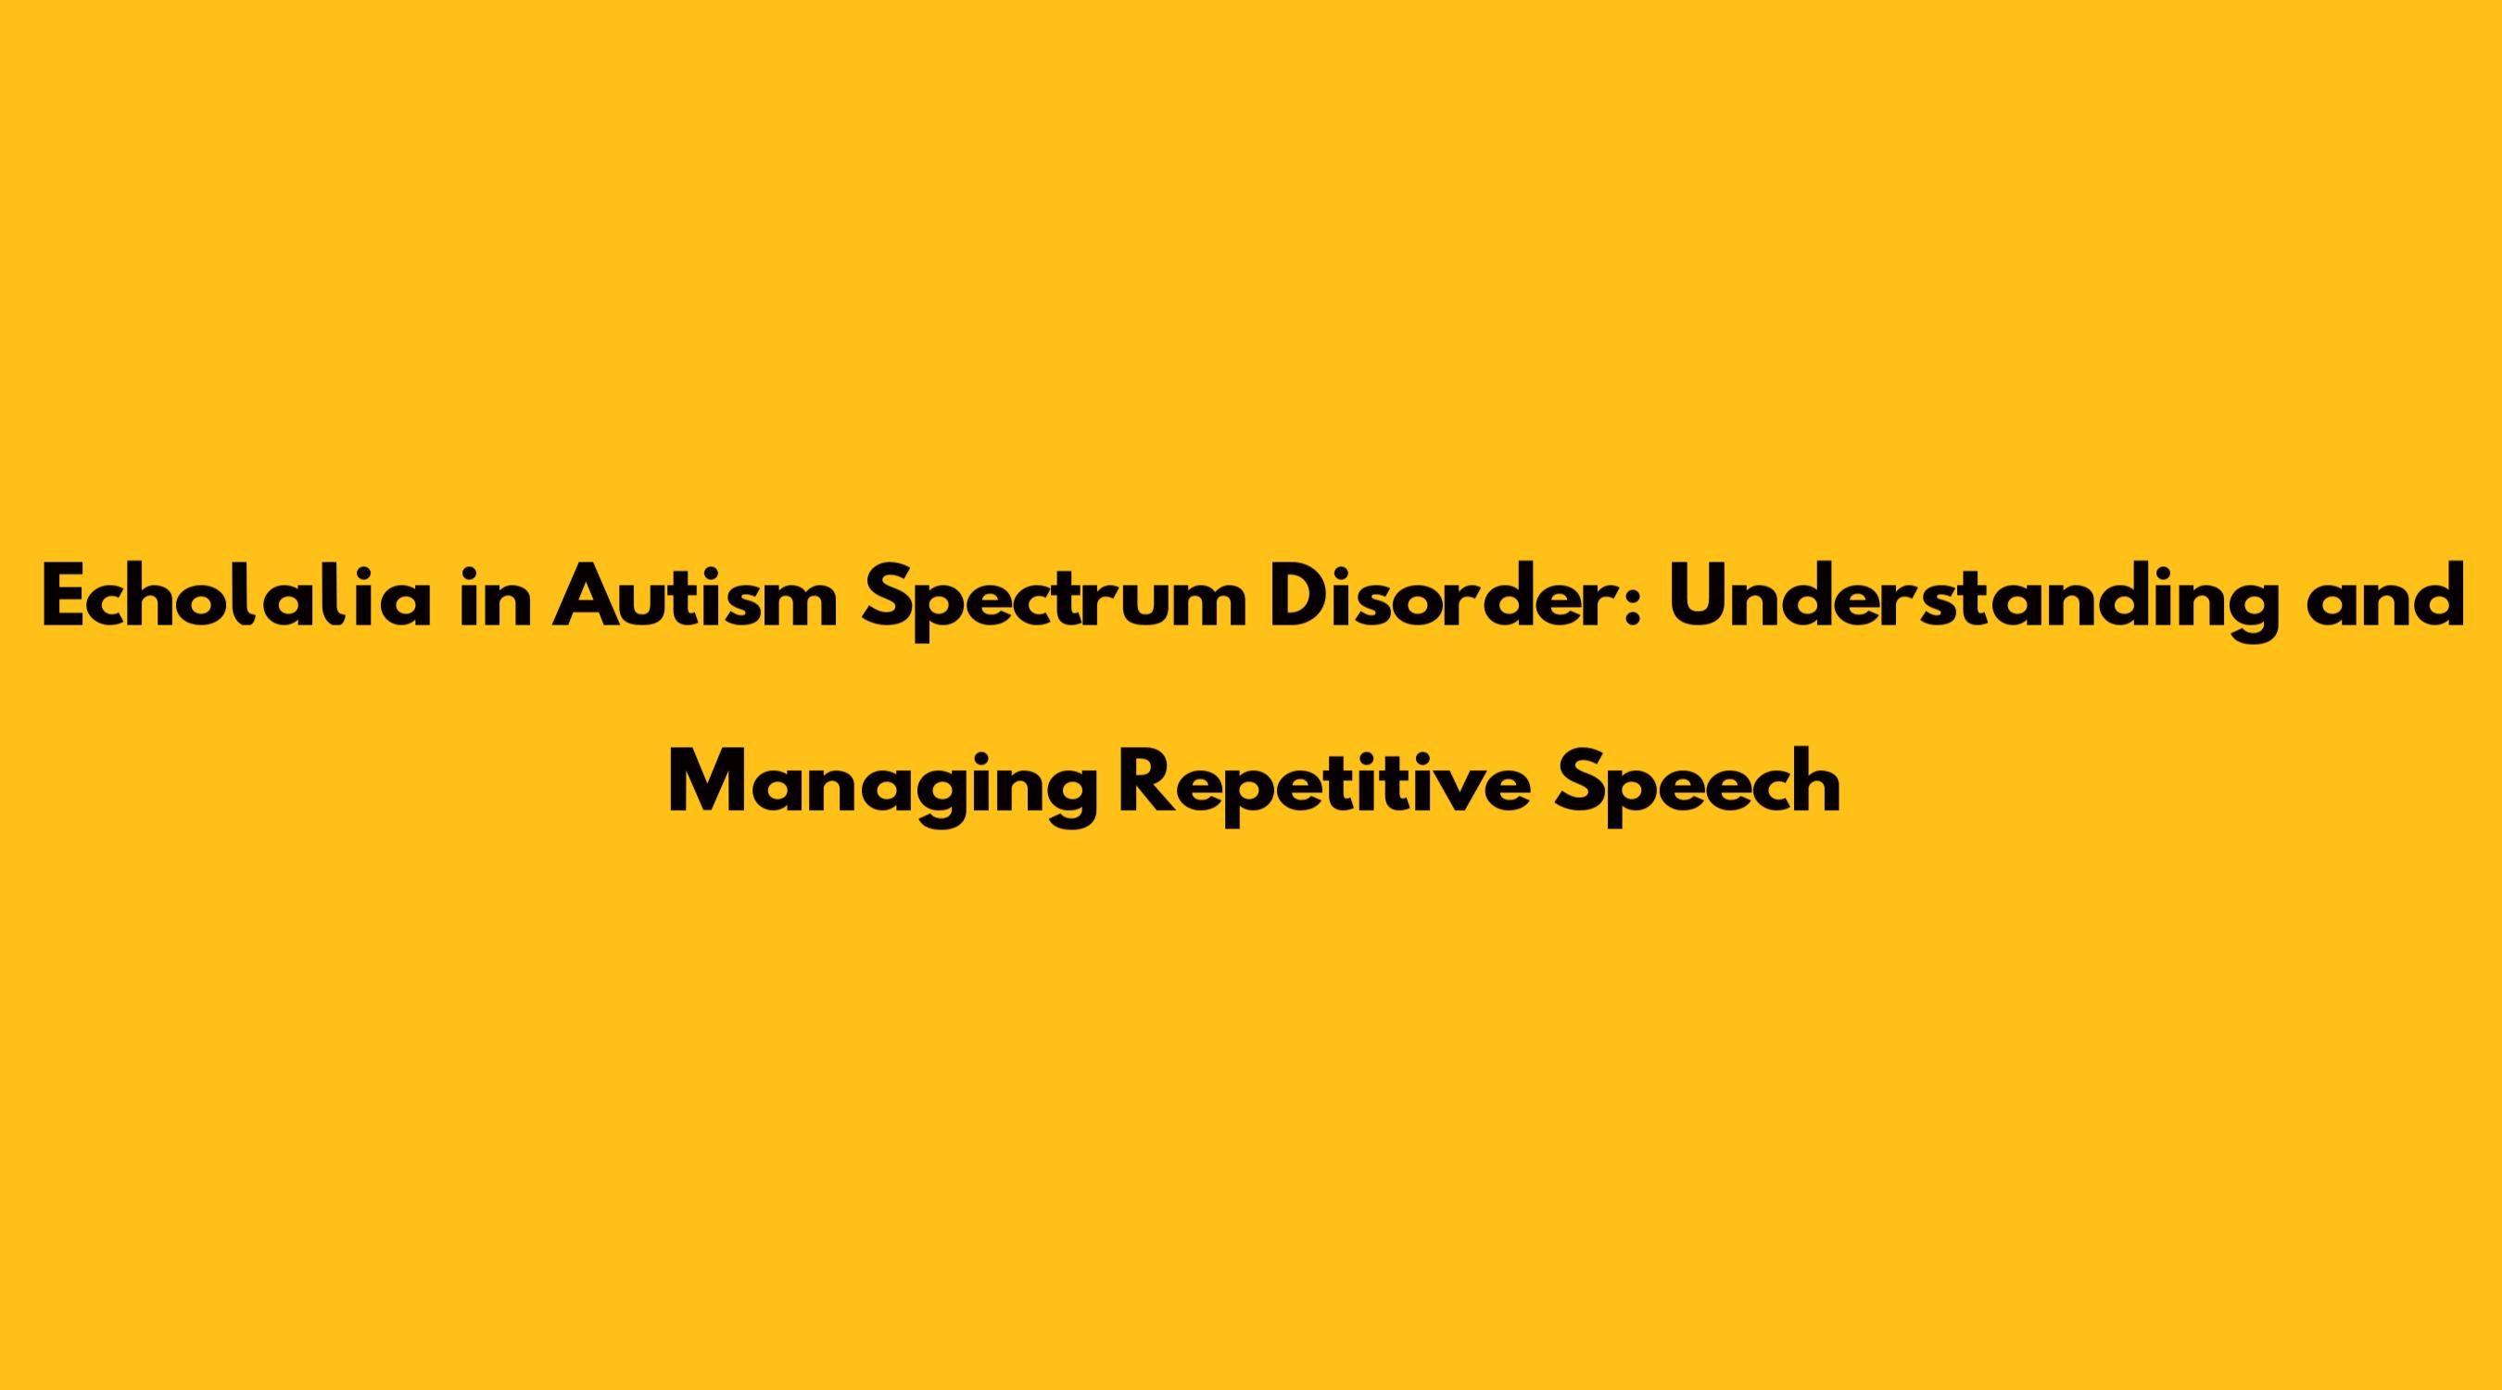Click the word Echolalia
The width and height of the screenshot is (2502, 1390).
click(236, 595)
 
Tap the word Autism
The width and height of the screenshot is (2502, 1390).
click(693, 595)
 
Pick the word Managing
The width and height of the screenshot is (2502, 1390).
click(882, 787)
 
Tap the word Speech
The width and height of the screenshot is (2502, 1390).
click(1697, 787)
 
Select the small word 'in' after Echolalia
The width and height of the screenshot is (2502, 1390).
click(496, 597)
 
